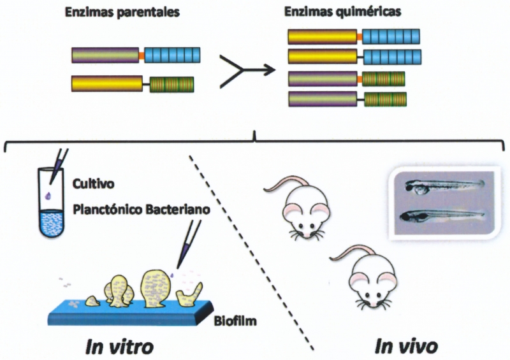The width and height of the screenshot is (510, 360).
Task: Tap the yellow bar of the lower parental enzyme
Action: [x=106, y=83]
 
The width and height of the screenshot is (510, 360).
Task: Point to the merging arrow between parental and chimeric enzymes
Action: [x=242, y=70]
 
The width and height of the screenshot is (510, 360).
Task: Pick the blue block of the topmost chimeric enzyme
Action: [x=391, y=36]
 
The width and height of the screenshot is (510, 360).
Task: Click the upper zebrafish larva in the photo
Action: [x=440, y=187]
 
